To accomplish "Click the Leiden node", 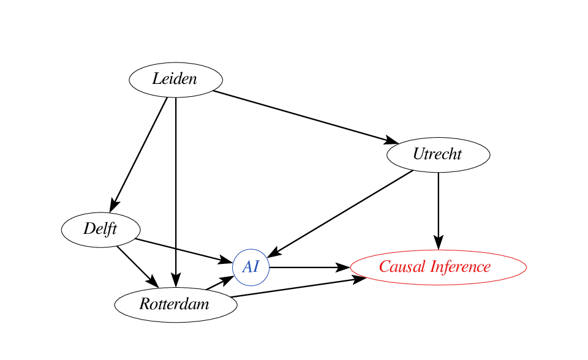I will pyautogui.click(x=176, y=80).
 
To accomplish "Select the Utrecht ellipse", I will pyautogui.click(x=438, y=154).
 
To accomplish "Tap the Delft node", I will pyautogui.click(x=100, y=230).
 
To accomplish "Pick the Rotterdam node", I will pyautogui.click(x=175, y=304).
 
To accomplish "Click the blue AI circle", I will pyautogui.click(x=251, y=268).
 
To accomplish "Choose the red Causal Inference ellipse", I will pyautogui.click(x=438, y=268).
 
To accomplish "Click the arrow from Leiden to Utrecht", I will pyautogui.click(x=300, y=116).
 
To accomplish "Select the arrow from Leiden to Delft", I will pyautogui.click(x=140, y=152).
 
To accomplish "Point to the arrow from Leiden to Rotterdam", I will pyautogui.click(x=176, y=184).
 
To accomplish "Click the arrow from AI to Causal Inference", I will pyautogui.click(x=306, y=268).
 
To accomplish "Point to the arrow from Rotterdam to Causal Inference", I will pyautogui.click(x=294, y=288).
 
